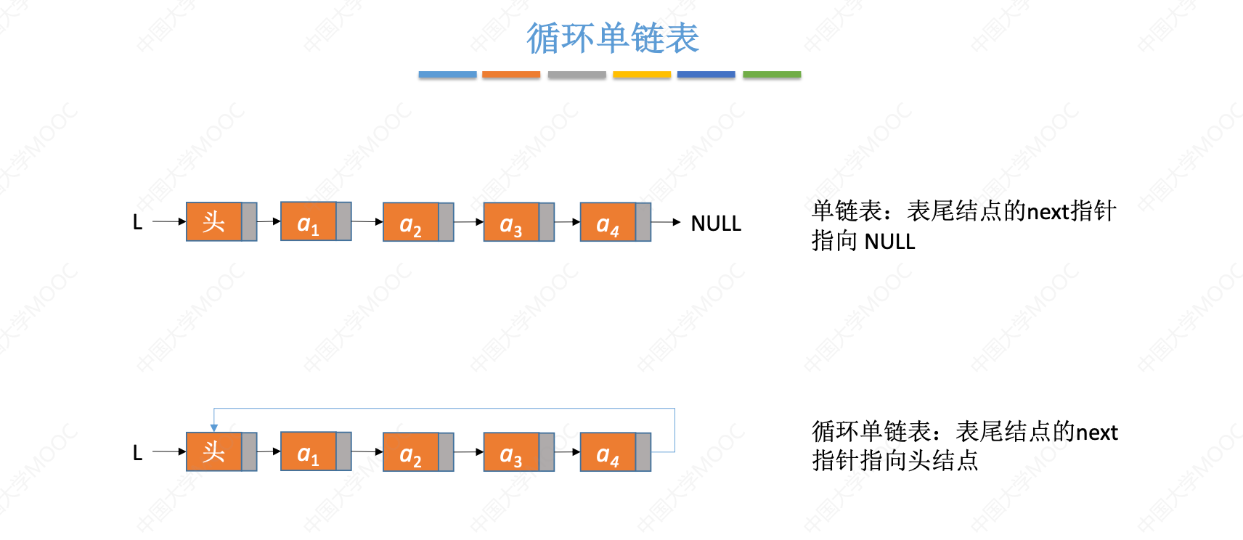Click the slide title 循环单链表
pos(612,38)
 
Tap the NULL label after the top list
pos(715,224)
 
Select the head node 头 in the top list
pos(213,222)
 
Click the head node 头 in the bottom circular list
pos(213,452)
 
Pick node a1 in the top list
pos(308,222)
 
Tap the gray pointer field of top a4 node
pos(643,222)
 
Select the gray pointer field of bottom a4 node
pos(643,452)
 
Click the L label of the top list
pos(137,222)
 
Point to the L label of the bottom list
pos(137,453)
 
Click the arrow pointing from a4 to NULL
pos(667,222)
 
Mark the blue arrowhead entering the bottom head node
pos(214,427)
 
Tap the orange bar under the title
pos(511,75)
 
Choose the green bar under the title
pos(772,75)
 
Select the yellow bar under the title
pos(642,75)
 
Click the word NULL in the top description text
pos(889,242)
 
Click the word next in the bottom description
pos(1096,433)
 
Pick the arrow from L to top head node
pos(169,221)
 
